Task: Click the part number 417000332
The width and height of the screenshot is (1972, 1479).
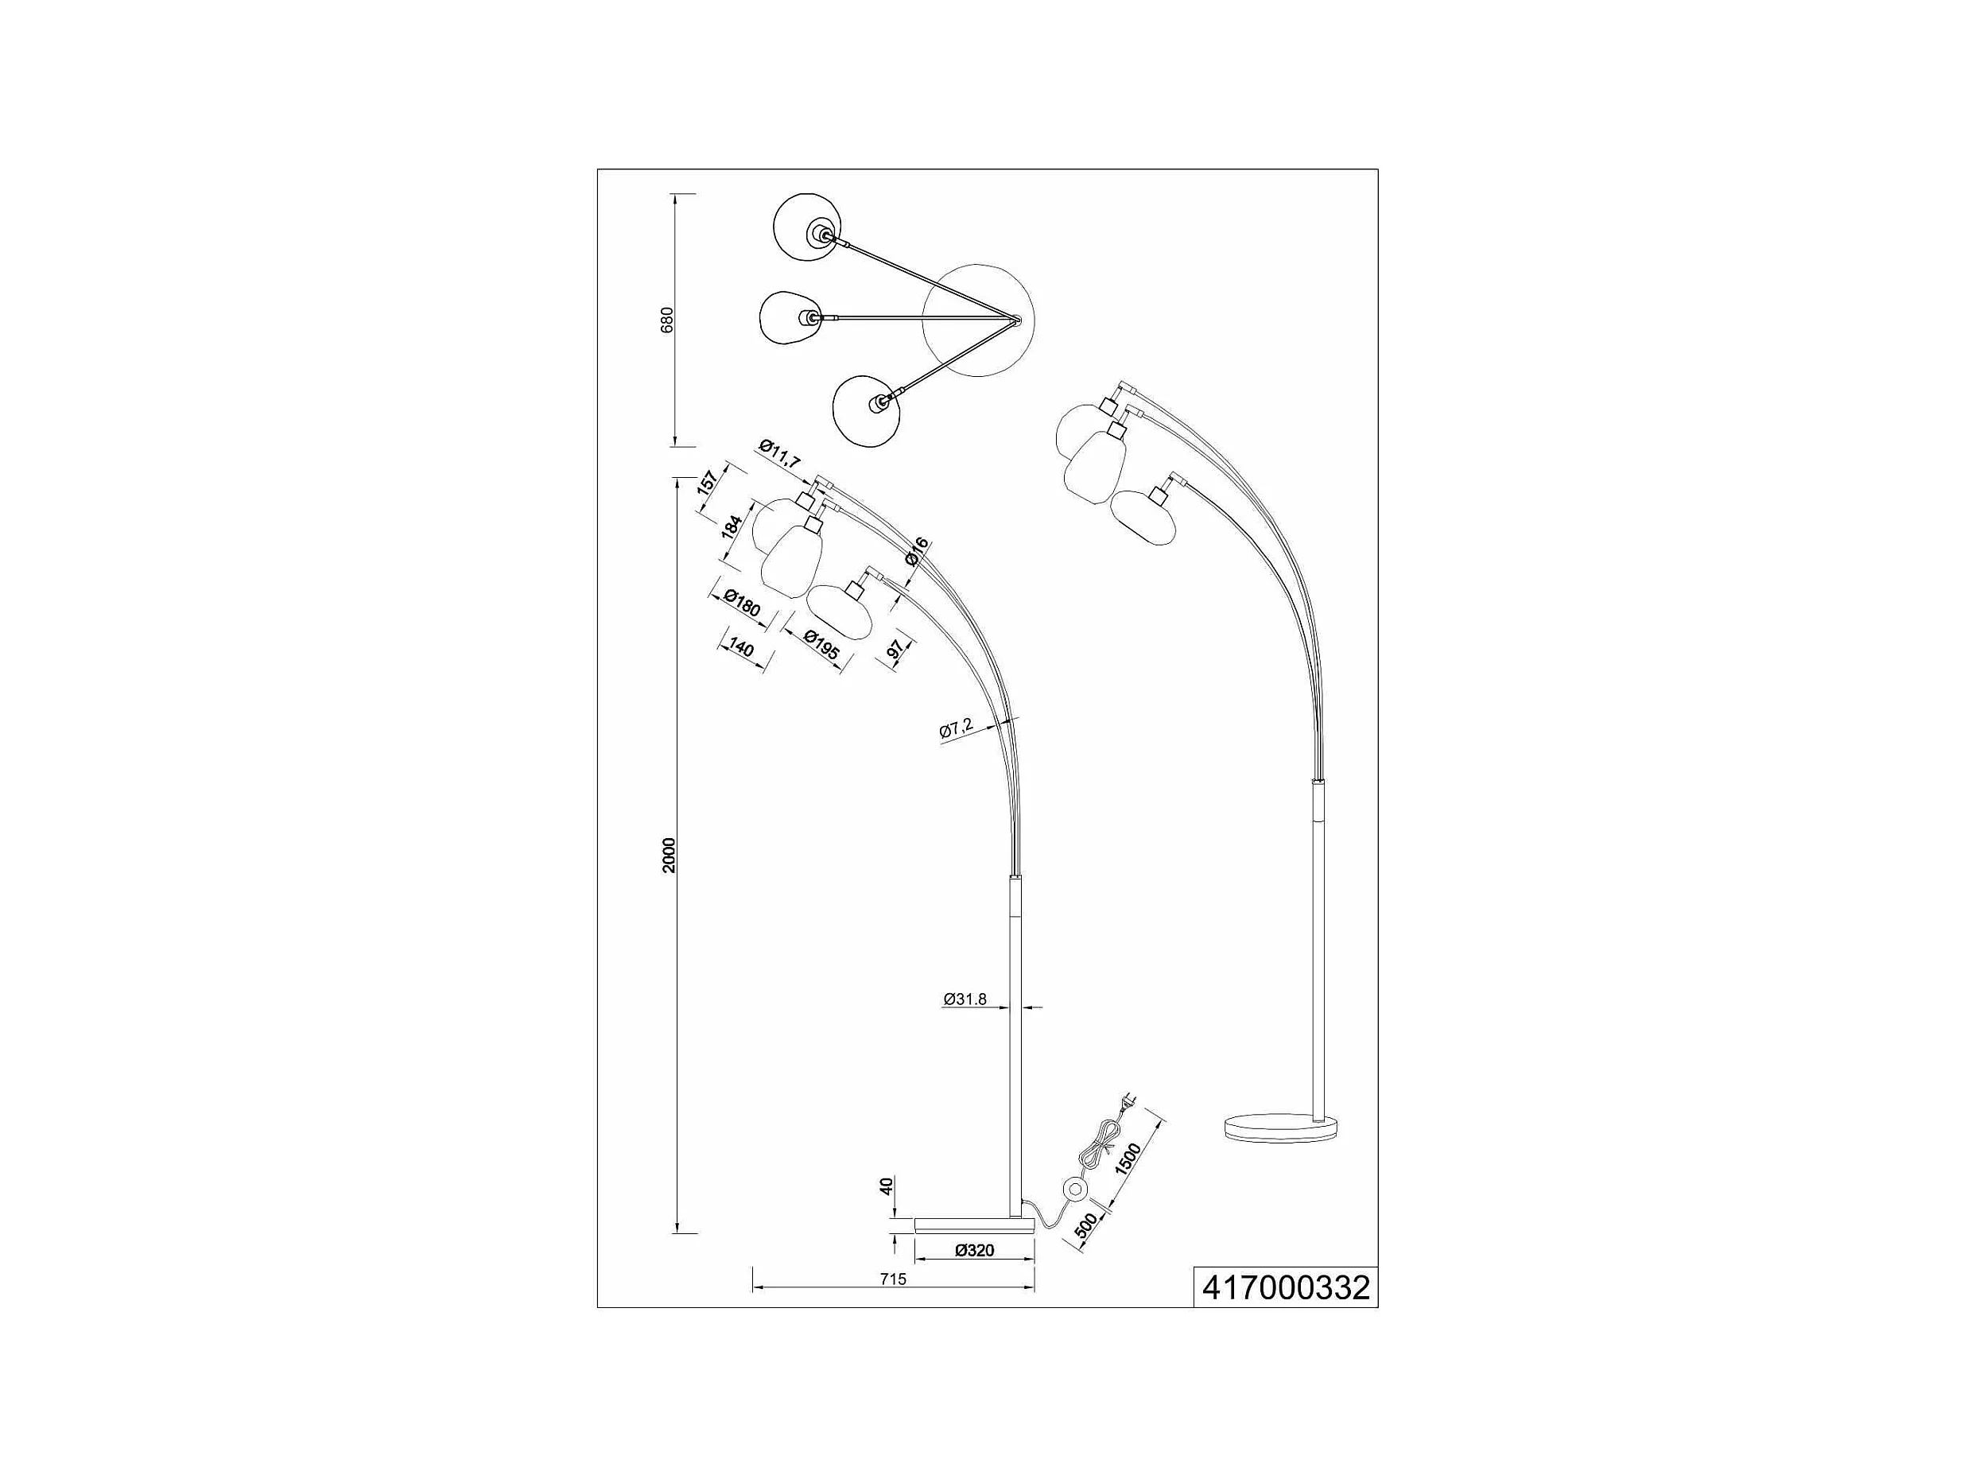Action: [x=1286, y=1288]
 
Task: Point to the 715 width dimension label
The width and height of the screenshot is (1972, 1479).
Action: [x=892, y=1279]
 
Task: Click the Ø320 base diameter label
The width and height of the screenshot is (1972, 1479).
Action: [x=974, y=1250]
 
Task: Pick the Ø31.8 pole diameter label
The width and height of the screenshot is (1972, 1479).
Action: [x=965, y=1000]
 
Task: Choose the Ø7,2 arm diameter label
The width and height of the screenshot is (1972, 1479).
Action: [x=957, y=729]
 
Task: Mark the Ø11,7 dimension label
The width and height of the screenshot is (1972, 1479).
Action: [x=780, y=455]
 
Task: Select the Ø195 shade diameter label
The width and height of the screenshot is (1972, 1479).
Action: [x=820, y=646]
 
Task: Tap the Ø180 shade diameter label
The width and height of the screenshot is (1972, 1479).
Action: [x=742, y=604]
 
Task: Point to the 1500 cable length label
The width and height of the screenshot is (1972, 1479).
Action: [x=1130, y=1160]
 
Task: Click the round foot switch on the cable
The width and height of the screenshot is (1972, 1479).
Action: [x=1074, y=1190]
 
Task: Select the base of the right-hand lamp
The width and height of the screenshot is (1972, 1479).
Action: [x=1281, y=1127]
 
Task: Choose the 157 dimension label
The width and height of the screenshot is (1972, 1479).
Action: [x=707, y=483]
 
